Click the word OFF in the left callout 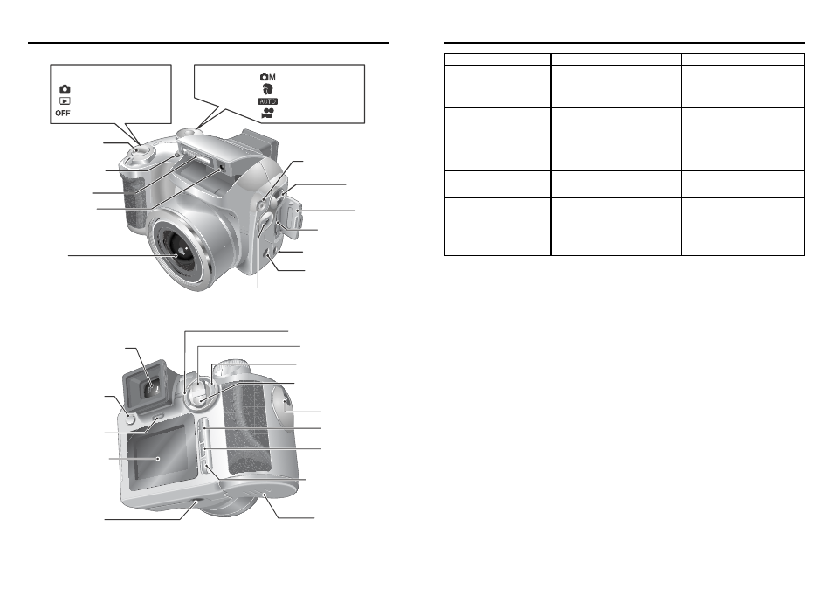(63, 114)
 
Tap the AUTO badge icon (268, 101)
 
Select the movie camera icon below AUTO (268, 114)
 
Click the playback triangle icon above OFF (65, 101)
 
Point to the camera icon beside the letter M (265, 77)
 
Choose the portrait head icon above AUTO (268, 89)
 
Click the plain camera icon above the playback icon (65, 89)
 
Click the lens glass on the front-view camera (181, 250)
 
